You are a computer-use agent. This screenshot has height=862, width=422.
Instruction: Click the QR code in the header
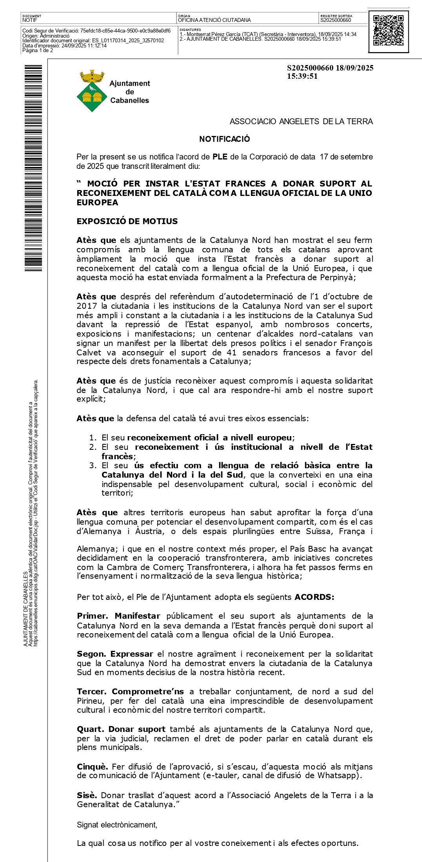388,31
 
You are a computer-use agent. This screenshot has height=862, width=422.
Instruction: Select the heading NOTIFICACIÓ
224,139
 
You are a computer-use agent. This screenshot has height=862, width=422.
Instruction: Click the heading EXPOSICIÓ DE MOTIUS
127,221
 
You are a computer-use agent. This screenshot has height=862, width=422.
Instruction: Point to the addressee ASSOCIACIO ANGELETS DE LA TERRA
301,121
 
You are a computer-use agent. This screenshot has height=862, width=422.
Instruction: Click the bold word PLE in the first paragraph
220,157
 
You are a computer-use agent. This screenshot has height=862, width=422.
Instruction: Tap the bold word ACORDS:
315,597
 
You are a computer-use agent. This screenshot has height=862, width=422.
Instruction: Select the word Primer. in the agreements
93,616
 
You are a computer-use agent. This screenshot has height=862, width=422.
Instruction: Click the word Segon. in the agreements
91,654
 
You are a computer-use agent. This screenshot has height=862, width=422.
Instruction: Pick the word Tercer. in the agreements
92,692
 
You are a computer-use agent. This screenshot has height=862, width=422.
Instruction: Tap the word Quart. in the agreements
90,729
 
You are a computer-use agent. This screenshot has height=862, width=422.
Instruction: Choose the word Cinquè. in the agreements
92,767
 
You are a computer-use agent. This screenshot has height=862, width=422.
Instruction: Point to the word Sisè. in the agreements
87,795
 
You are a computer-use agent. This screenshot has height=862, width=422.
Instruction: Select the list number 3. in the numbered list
93,465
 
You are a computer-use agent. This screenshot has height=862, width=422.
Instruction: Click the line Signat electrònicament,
117,825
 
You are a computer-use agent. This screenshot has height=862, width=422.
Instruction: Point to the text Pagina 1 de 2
38,51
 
